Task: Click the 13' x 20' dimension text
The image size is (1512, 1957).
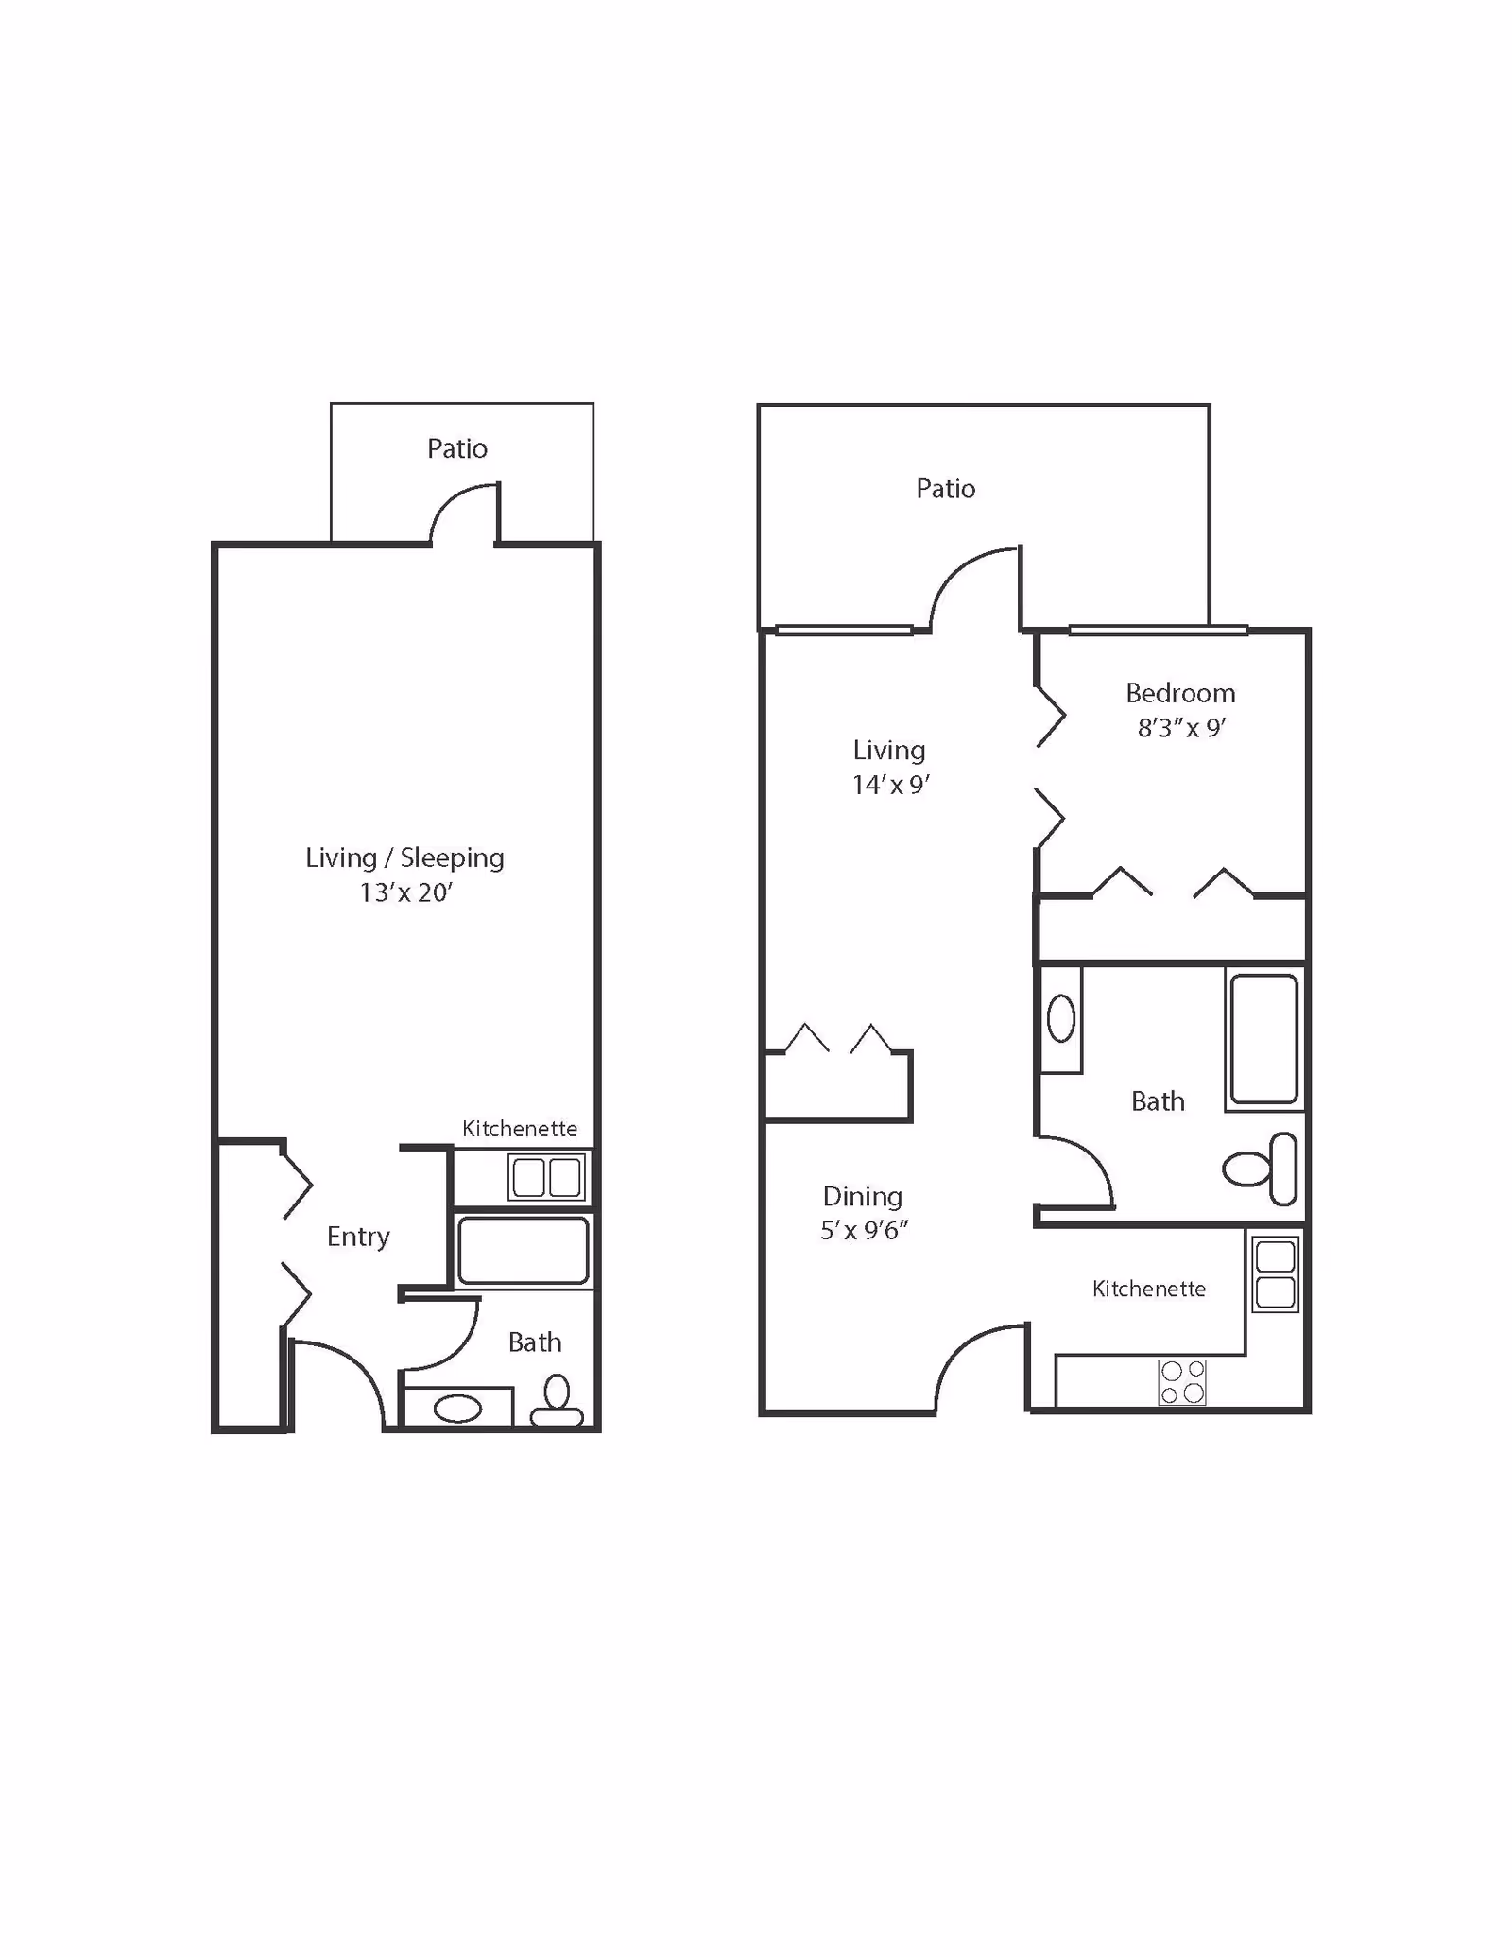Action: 405,892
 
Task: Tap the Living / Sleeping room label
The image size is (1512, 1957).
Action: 404,857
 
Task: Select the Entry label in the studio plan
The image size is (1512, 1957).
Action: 358,1237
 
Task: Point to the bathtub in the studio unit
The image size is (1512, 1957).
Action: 523,1251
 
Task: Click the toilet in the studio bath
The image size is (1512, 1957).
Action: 557,1402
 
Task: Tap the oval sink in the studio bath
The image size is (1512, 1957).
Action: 457,1409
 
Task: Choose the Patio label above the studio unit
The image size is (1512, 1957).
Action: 457,448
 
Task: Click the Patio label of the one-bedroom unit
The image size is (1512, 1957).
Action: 946,489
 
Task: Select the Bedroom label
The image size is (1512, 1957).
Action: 1180,693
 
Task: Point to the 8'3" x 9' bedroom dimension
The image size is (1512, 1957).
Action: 1181,728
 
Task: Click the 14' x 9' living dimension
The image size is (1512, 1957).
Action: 891,785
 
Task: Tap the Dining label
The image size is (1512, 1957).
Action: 863,1197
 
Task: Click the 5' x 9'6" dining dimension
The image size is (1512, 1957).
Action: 864,1230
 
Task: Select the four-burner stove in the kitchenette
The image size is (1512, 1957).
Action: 1182,1382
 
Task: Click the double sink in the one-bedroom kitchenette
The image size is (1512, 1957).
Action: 1276,1275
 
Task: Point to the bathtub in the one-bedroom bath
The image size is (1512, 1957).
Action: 1264,1038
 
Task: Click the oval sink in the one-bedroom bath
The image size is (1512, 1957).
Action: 1061,1018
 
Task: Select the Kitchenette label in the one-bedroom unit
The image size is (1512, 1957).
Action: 1149,1289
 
